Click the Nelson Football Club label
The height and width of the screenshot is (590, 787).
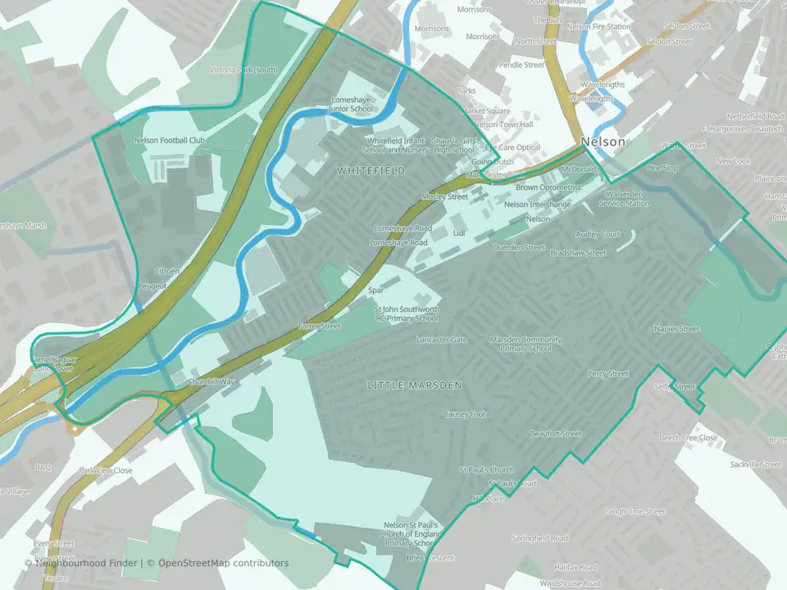(x=169, y=140)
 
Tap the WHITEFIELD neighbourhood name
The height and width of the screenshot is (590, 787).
(x=371, y=170)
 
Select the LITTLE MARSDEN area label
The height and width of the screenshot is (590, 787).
(x=415, y=385)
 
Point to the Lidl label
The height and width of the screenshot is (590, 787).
(x=459, y=234)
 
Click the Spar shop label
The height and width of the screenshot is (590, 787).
(x=376, y=290)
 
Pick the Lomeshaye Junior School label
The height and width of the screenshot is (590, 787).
(x=350, y=104)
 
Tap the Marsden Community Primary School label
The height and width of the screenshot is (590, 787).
(x=525, y=344)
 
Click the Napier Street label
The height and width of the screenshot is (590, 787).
(x=677, y=329)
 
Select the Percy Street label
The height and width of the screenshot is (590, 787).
(x=607, y=374)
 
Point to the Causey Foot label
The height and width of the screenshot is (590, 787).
(x=465, y=415)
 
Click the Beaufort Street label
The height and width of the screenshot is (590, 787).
(x=555, y=433)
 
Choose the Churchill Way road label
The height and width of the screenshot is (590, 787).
(x=212, y=382)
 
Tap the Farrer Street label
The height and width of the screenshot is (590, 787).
(x=320, y=326)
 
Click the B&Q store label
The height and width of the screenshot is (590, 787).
(x=43, y=467)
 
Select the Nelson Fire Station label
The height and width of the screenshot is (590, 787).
(x=599, y=26)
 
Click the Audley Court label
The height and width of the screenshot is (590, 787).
(x=598, y=234)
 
